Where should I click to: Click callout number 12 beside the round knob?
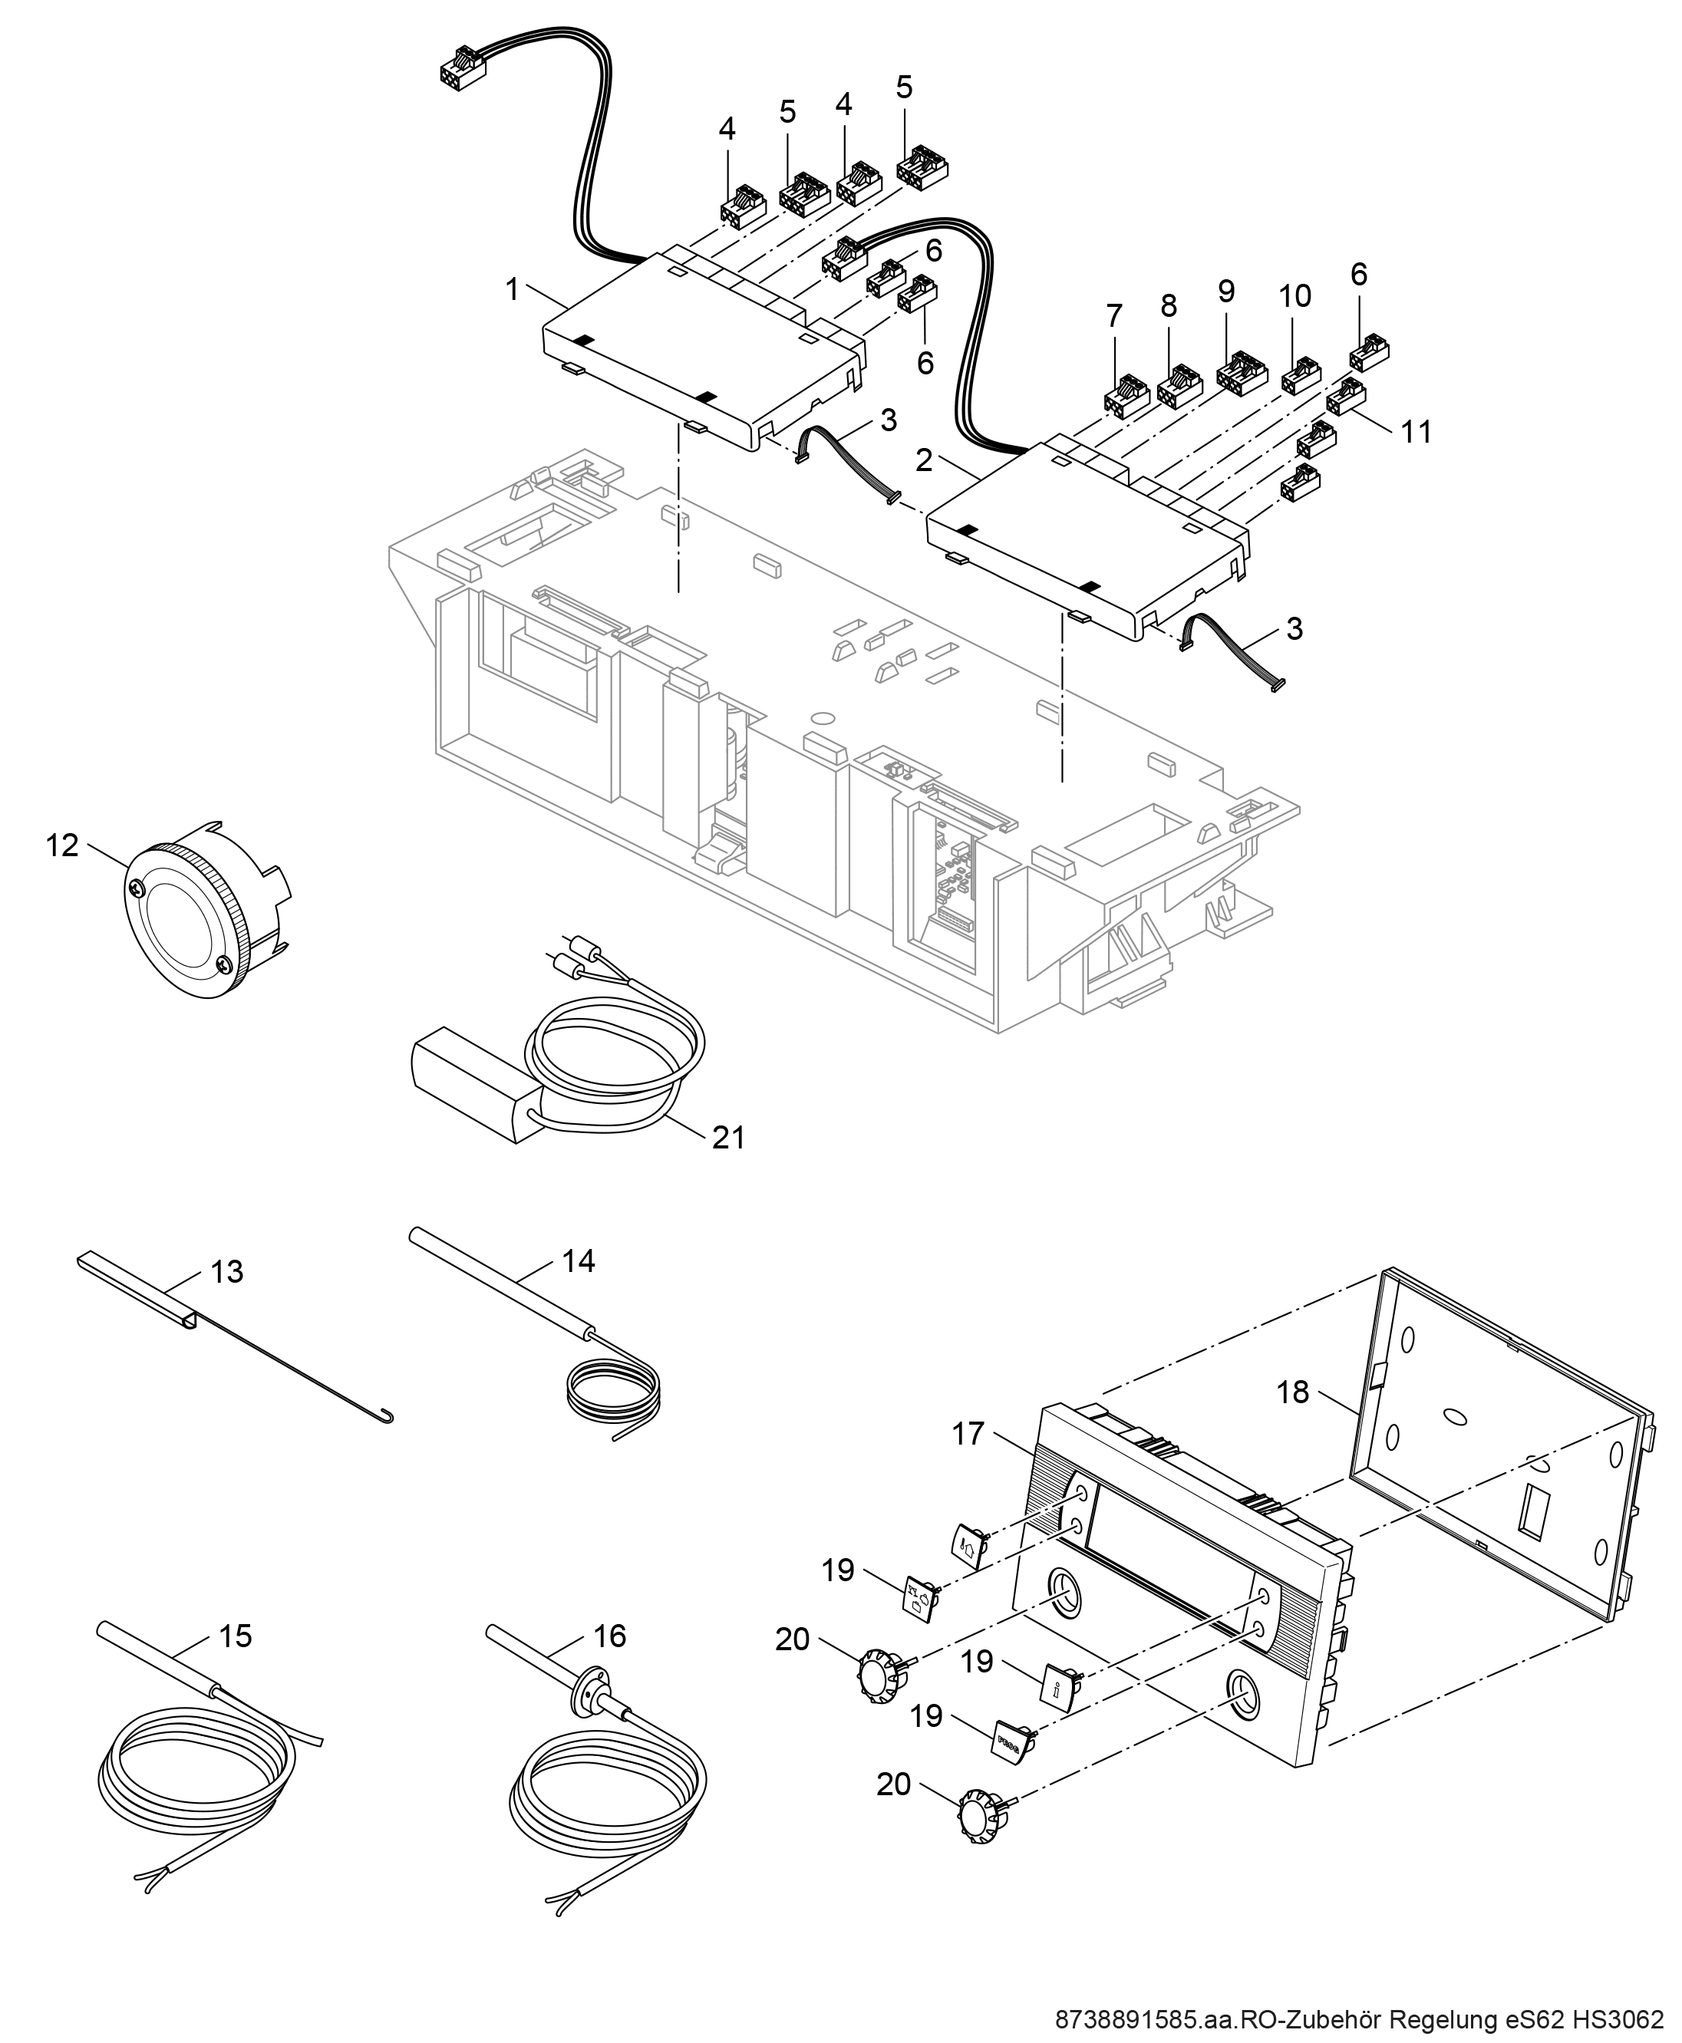click(62, 845)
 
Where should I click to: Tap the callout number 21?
click(729, 1137)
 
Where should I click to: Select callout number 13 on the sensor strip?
click(226, 1271)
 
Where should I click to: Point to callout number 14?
click(579, 1260)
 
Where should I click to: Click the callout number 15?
click(236, 1635)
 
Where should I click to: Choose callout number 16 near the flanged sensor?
click(609, 1635)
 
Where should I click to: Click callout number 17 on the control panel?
click(968, 1433)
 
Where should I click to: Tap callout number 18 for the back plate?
click(1292, 1392)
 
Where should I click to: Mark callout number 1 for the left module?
click(513, 288)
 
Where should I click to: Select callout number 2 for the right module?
click(925, 460)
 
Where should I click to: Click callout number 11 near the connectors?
click(1417, 431)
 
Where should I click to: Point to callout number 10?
click(1294, 295)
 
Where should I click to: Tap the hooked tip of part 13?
click(387, 1420)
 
